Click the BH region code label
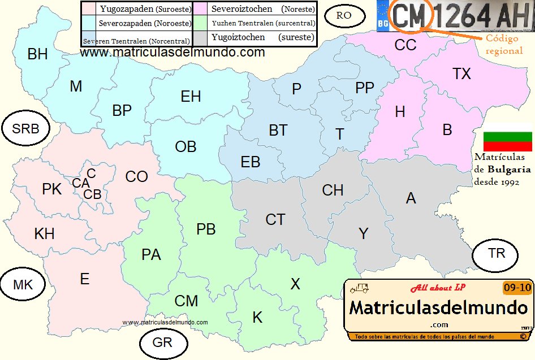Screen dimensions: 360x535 click(37, 54)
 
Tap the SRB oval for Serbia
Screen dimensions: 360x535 click(25, 129)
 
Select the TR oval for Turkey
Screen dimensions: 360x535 click(497, 253)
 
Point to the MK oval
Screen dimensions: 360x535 click(23, 285)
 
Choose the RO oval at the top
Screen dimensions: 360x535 click(344, 15)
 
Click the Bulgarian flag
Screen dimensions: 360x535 click(507, 141)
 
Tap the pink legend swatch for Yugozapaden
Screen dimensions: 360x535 click(89, 9)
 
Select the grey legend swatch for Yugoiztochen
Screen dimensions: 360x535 click(201, 38)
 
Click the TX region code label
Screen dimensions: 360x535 click(461, 74)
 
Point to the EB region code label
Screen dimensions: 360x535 click(251, 162)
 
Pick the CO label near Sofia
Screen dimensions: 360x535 click(136, 177)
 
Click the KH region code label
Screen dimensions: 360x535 click(44, 233)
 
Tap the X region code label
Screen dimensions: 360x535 click(295, 284)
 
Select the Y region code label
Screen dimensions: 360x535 click(364, 233)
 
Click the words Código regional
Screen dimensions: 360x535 click(504, 44)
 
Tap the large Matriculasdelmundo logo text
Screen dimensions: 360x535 click(438, 309)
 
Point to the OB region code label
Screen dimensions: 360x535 click(185, 147)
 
